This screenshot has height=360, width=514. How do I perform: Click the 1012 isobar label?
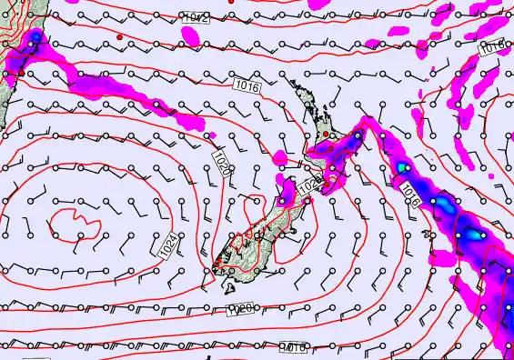[x=195, y=18]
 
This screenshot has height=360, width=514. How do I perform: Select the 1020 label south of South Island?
[x=238, y=311]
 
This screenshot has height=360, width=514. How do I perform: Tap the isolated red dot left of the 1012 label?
[x=119, y=36]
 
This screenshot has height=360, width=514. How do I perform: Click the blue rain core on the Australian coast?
[x=34, y=41]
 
